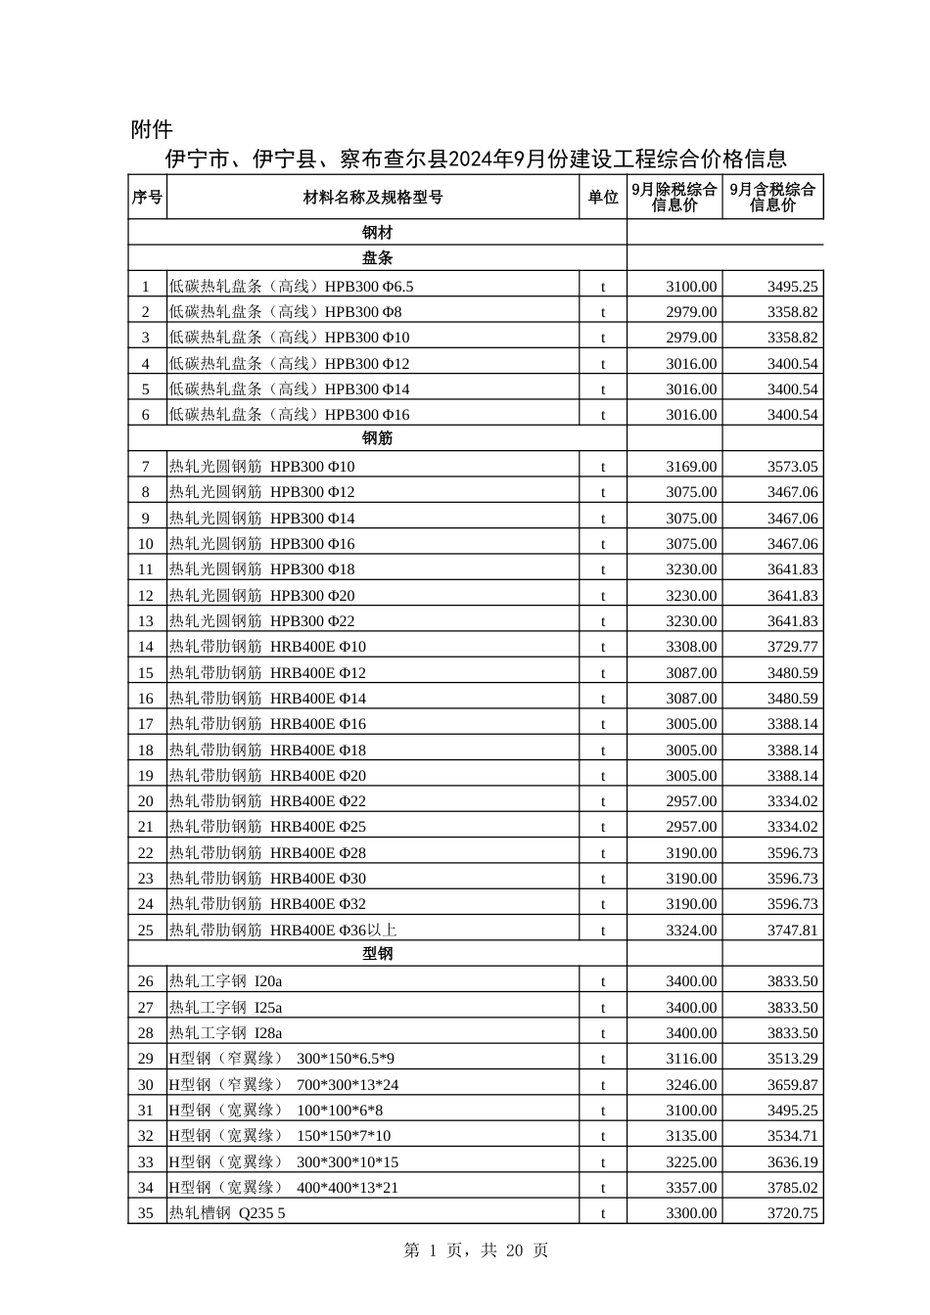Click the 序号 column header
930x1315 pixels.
coord(147,197)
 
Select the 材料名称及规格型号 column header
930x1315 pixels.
coord(373,197)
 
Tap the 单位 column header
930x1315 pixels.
coord(603,197)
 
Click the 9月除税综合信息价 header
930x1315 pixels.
coord(674,197)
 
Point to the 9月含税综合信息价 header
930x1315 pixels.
coord(772,197)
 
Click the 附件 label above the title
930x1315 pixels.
coord(152,129)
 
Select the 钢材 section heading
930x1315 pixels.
coord(377,233)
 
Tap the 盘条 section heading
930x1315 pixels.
coord(377,258)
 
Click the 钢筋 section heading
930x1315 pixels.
coord(377,438)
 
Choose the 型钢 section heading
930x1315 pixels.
coord(377,953)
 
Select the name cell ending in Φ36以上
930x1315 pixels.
coord(283,930)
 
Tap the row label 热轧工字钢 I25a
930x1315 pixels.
coord(226,1008)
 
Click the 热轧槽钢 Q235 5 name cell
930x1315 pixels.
coord(227,1213)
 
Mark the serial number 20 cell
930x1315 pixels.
coord(146,801)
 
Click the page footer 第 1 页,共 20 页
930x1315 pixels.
coord(476,1250)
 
